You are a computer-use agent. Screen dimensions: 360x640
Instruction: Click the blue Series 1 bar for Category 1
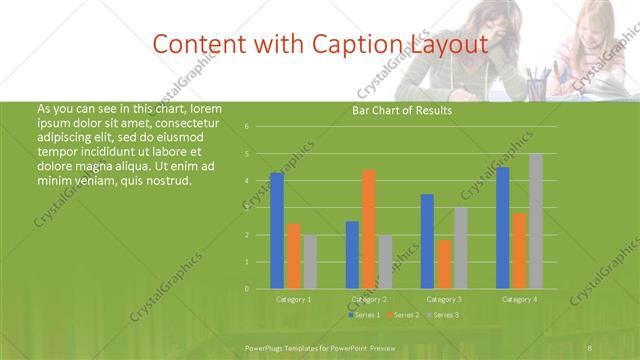pyautogui.click(x=277, y=231)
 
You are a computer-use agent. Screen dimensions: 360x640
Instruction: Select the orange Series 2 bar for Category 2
pyautogui.click(x=368, y=229)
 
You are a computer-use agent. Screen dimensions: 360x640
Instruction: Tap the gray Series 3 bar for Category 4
pyautogui.click(x=536, y=221)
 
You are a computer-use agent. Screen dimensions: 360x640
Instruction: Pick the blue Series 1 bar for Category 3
pyautogui.click(x=427, y=241)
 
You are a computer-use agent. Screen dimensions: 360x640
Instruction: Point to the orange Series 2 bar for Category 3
pyautogui.click(x=444, y=264)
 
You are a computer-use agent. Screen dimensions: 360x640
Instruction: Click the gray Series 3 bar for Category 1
pyautogui.click(x=310, y=262)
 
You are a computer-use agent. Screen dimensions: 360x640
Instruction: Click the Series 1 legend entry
pyautogui.click(x=364, y=315)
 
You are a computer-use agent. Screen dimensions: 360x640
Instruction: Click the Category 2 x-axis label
pyautogui.click(x=368, y=299)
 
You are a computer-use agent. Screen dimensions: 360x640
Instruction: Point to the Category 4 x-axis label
pyautogui.click(x=519, y=299)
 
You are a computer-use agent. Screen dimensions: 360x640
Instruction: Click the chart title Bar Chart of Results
pyautogui.click(x=402, y=110)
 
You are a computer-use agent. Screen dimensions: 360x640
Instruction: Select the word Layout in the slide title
pyautogui.click(x=448, y=45)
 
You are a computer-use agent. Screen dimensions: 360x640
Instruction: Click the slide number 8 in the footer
pyautogui.click(x=590, y=346)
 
